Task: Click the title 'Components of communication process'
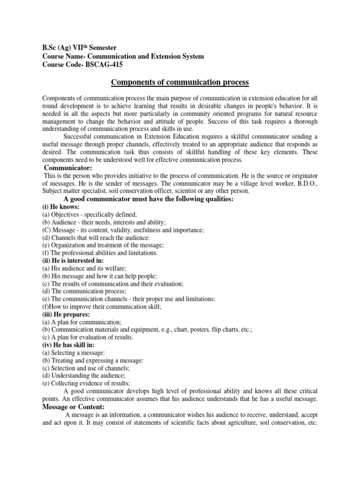180,83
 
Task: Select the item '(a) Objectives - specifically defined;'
90,214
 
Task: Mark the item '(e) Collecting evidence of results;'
86,383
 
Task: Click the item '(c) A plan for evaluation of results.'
88,337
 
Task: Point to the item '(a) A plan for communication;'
82,322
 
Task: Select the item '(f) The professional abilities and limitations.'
100,253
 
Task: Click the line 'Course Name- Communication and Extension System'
123,56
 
